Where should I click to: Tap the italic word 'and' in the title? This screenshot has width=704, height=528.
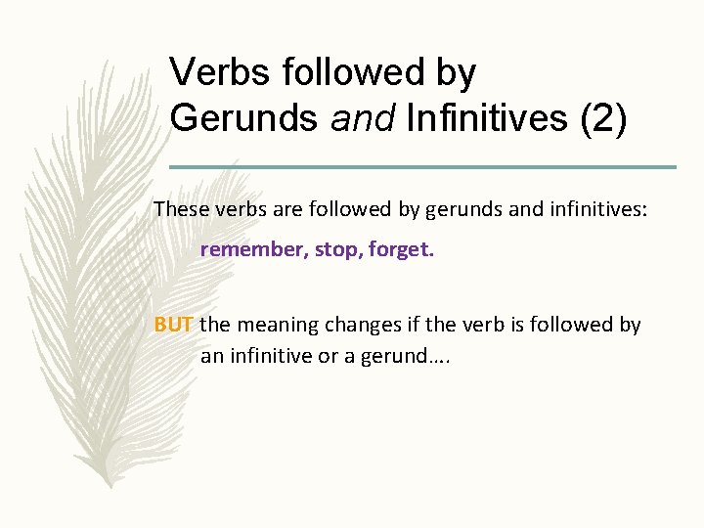(361, 118)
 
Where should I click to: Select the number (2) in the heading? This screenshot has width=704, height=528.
(605, 118)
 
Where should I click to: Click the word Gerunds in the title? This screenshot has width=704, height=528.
(243, 118)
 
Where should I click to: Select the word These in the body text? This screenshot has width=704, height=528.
(180, 208)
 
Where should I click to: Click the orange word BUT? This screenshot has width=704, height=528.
(174, 325)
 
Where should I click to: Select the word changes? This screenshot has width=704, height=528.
(356, 325)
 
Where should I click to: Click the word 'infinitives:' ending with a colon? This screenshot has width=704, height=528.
(597, 208)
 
